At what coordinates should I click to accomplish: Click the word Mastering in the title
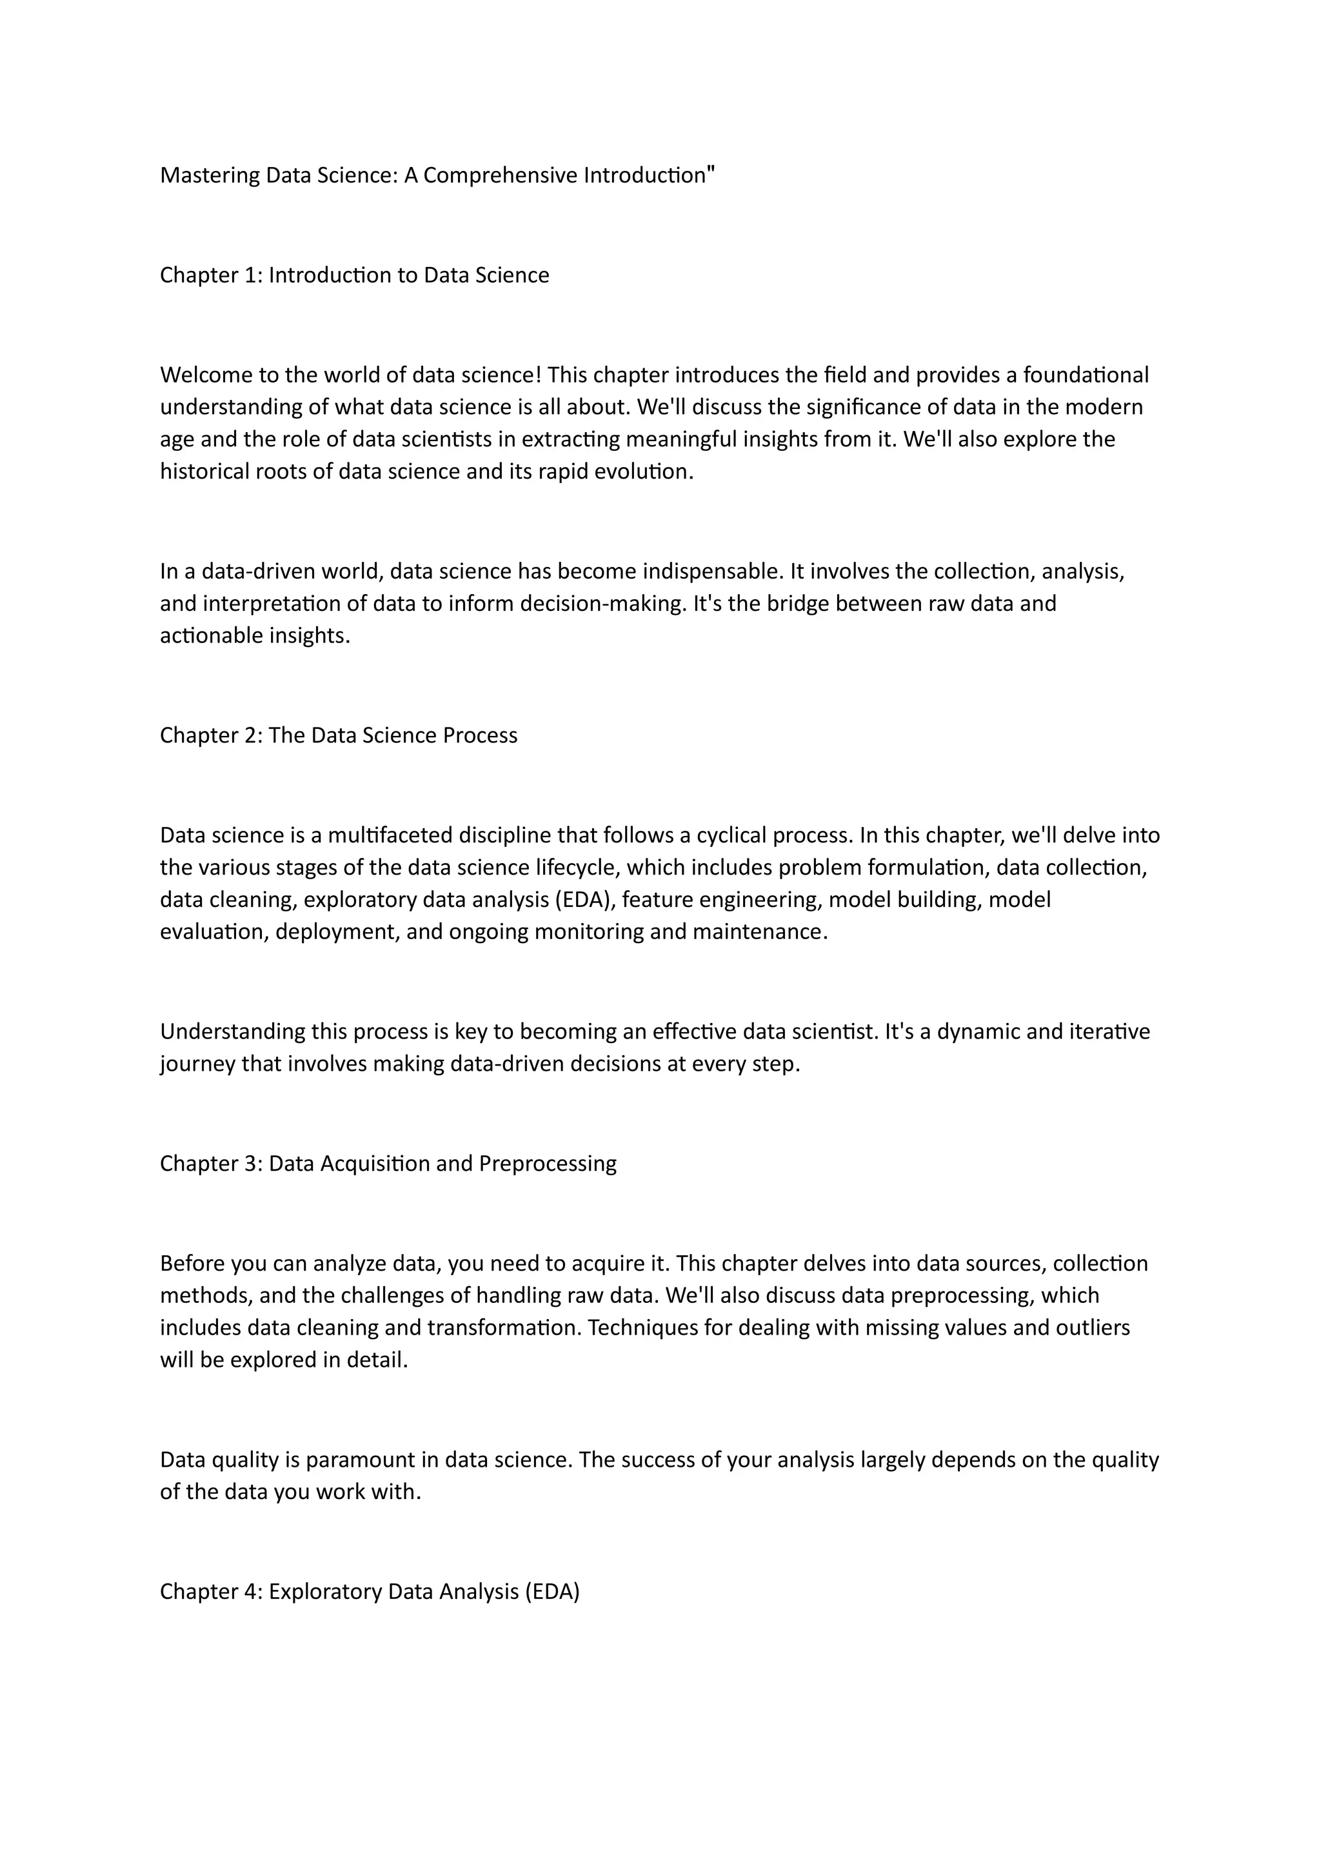[209, 175]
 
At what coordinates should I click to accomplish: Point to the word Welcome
[206, 375]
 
